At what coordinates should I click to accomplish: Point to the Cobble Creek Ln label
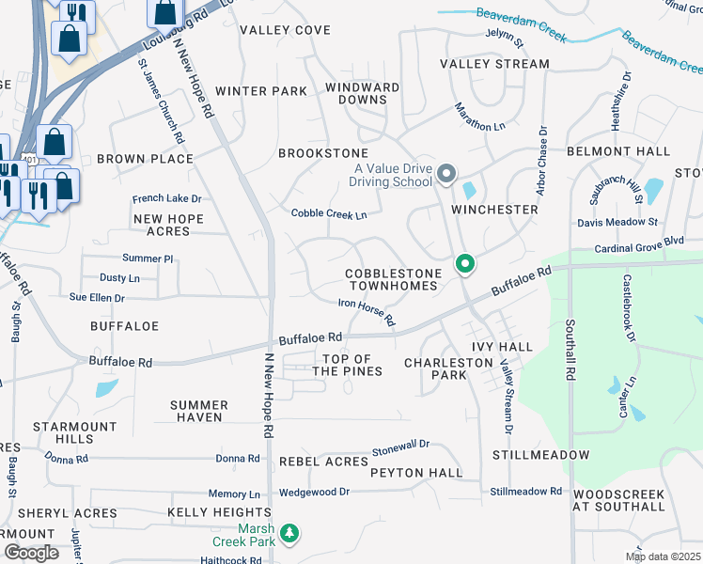[328, 214]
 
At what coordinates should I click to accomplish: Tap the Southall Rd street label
[570, 348]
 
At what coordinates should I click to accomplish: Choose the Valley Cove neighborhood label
[285, 30]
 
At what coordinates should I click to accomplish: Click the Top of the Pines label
[347, 365]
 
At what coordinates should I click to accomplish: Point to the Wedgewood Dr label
[314, 492]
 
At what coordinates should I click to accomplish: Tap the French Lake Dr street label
[166, 198]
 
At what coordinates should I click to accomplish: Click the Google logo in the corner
[31, 553]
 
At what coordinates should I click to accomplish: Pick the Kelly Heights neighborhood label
[219, 512]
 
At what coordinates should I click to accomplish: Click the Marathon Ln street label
[480, 117]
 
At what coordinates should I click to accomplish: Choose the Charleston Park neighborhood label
[435, 368]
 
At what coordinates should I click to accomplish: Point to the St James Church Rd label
[161, 102]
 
